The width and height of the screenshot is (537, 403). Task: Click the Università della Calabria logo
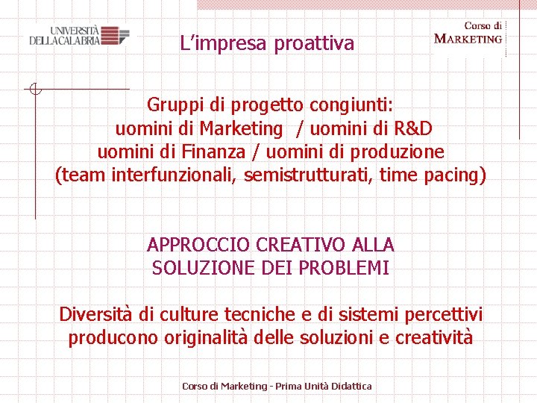coord(79,36)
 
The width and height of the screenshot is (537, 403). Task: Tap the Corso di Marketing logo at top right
coord(468,34)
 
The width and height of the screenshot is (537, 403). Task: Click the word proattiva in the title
coord(314,44)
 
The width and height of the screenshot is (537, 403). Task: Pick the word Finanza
coord(213,152)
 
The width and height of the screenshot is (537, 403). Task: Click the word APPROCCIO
coord(198,244)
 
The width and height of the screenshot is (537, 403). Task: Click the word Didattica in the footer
coord(347,386)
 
